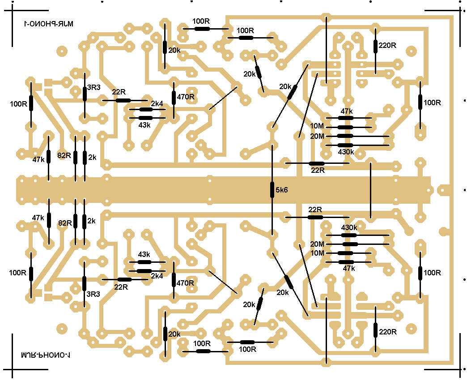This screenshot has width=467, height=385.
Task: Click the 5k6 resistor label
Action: (x=282, y=190)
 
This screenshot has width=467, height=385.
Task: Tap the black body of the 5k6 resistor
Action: (x=272, y=190)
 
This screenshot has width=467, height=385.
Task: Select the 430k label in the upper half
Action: (x=346, y=152)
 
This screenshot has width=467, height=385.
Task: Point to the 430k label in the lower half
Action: (x=349, y=228)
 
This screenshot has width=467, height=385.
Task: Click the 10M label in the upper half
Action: (x=317, y=127)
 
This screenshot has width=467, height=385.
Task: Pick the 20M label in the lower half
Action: (x=317, y=244)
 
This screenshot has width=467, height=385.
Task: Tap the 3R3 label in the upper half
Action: (x=93, y=87)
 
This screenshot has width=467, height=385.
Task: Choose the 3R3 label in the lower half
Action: (x=93, y=294)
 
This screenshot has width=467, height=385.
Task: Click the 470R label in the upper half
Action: (x=186, y=96)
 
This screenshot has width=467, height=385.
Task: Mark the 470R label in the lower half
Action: (x=186, y=283)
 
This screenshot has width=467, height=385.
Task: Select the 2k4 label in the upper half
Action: (x=157, y=104)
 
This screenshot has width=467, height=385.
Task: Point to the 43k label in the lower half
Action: (x=144, y=254)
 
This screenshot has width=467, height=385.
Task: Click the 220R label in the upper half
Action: (x=387, y=45)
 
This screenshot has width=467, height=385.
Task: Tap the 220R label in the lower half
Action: (x=387, y=332)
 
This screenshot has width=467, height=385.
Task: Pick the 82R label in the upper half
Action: (x=64, y=156)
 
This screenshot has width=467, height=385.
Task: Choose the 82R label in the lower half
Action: (x=64, y=222)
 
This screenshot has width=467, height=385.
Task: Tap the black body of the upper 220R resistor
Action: (x=375, y=46)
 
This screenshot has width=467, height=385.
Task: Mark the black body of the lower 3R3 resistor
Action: (x=84, y=283)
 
